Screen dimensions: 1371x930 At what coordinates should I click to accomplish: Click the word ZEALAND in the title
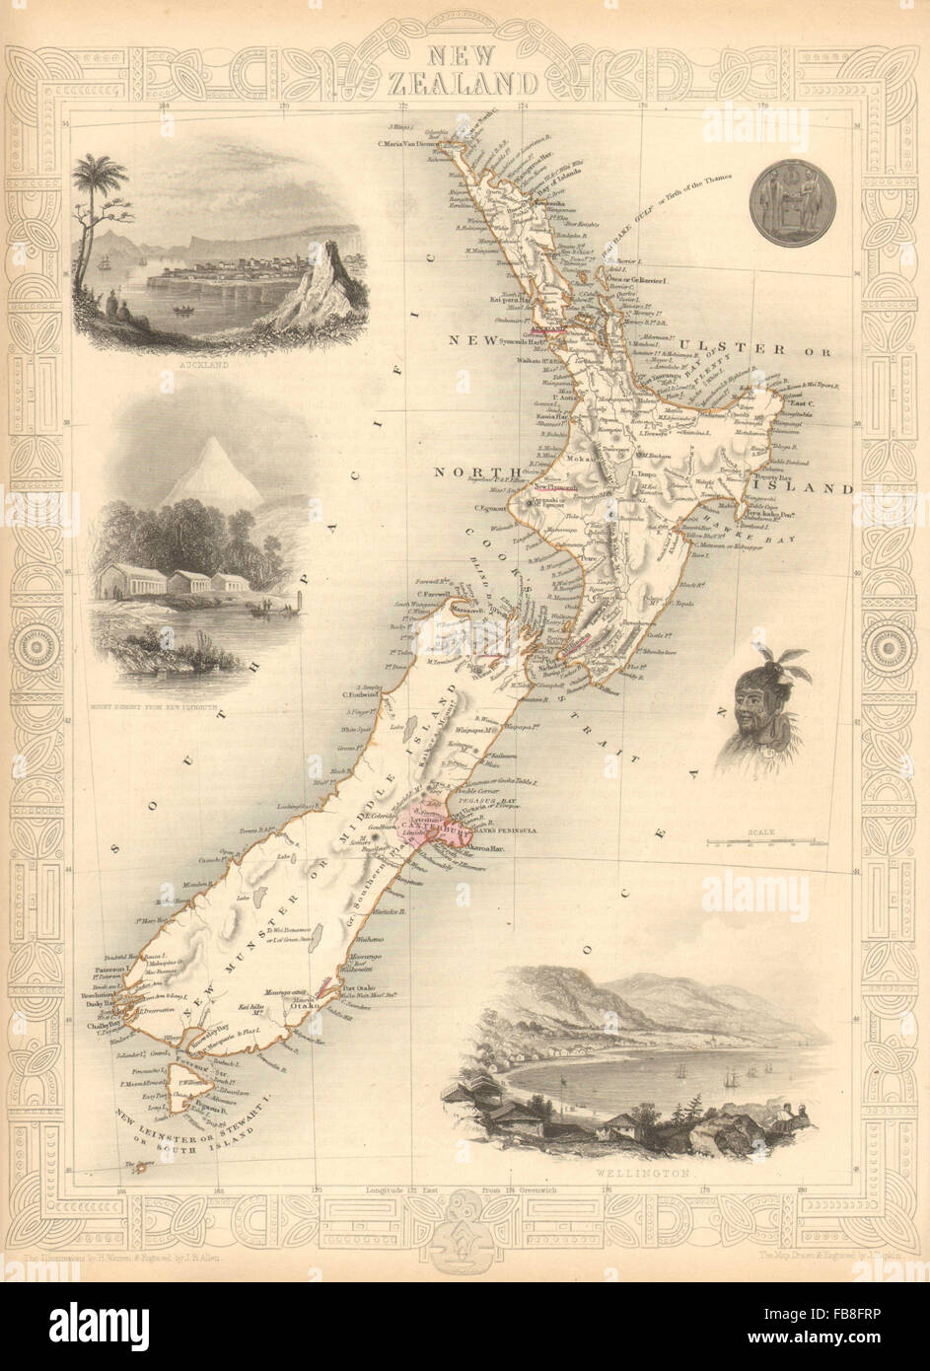pyautogui.click(x=465, y=81)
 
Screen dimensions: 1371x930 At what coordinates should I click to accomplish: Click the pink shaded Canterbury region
pyautogui.click(x=426, y=811)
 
